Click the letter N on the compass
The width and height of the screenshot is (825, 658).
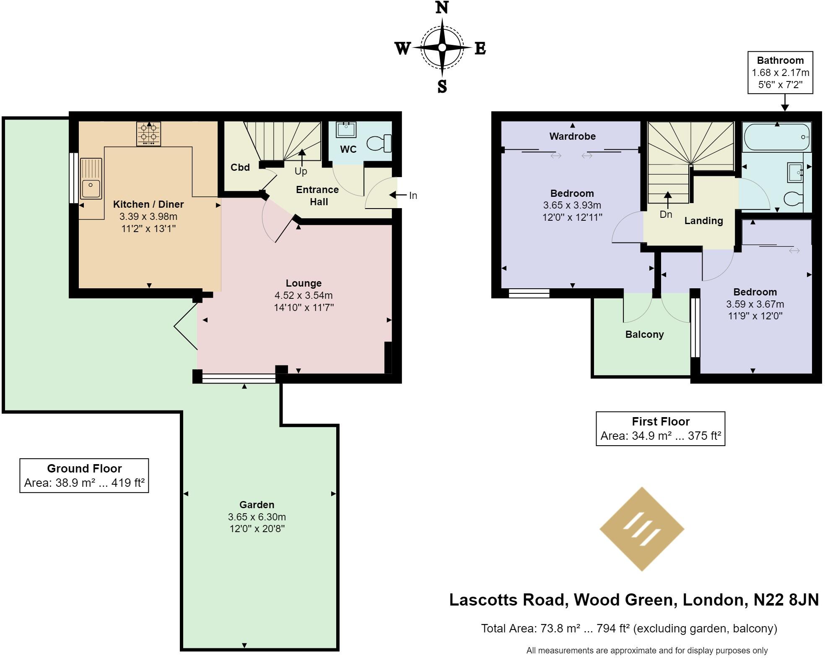pyautogui.click(x=442, y=8)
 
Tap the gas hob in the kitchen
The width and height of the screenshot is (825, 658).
pyautogui.click(x=148, y=133)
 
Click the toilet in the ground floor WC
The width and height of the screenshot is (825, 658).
pyautogui.click(x=380, y=143)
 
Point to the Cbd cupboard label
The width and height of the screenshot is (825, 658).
pyautogui.click(x=240, y=167)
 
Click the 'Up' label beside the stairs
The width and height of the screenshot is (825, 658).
pyautogui.click(x=301, y=171)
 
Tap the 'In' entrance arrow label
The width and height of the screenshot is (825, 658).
pyautogui.click(x=413, y=196)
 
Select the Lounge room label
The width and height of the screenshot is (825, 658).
pyautogui.click(x=304, y=283)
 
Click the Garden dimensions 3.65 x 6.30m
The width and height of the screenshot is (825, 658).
pyautogui.click(x=257, y=517)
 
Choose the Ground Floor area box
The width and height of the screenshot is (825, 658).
pyautogui.click(x=84, y=475)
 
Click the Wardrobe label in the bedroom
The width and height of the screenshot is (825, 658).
pyautogui.click(x=572, y=136)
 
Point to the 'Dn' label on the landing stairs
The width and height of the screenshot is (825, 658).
pyautogui.click(x=666, y=214)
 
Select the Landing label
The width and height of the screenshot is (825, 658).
pyautogui.click(x=703, y=221)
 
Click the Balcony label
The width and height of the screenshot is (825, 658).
pyautogui.click(x=644, y=334)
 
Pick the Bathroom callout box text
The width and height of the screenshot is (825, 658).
pyautogui.click(x=780, y=72)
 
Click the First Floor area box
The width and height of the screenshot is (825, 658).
pyautogui.click(x=660, y=428)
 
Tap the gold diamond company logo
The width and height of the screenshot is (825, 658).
pyautogui.click(x=642, y=529)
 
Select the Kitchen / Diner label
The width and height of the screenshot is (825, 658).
pyautogui.click(x=148, y=204)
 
